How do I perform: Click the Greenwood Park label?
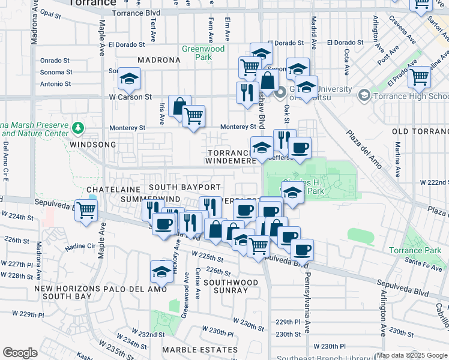pos(204,53)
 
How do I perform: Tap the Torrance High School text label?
pos(411,96)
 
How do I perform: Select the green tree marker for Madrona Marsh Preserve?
pos(77,128)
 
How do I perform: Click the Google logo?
pos(20,353)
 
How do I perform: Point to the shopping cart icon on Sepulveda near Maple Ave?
pos(86,210)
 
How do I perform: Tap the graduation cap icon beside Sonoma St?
pos(128,78)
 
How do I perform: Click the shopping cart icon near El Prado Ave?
pos(420,76)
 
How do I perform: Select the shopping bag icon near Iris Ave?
pos(179,106)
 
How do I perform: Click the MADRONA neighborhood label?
pos(158,61)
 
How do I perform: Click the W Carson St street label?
pos(130,97)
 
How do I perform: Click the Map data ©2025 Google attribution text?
pos(412,355)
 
